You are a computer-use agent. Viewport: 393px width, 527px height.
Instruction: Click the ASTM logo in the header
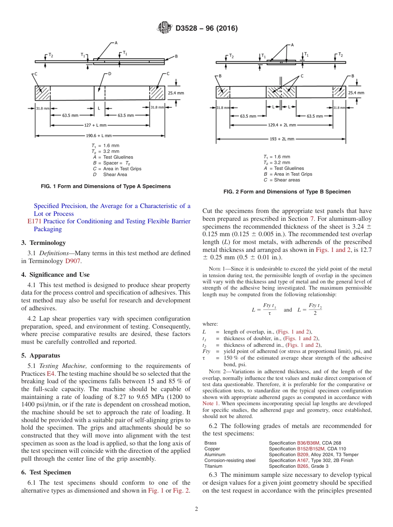(x=165, y=28)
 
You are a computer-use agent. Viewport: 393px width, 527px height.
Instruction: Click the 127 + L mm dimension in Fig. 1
(x=96, y=125)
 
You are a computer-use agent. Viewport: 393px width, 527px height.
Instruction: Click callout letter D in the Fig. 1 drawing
(x=110, y=74)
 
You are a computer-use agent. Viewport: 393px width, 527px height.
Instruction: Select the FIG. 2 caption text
(x=287, y=192)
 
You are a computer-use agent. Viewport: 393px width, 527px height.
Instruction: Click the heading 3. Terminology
(x=43, y=243)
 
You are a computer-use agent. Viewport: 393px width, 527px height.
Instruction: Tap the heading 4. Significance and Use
(x=55, y=275)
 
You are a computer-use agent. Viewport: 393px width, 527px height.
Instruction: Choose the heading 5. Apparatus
(x=41, y=355)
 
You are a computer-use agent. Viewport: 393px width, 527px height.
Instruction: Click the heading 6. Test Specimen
(x=46, y=472)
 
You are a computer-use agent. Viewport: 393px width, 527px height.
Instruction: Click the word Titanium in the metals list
(x=213, y=466)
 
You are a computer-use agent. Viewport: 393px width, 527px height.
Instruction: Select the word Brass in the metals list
(x=210, y=443)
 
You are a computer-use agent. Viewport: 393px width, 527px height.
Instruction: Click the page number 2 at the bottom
(x=196, y=509)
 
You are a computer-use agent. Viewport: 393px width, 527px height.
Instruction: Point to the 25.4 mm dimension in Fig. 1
(x=175, y=93)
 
